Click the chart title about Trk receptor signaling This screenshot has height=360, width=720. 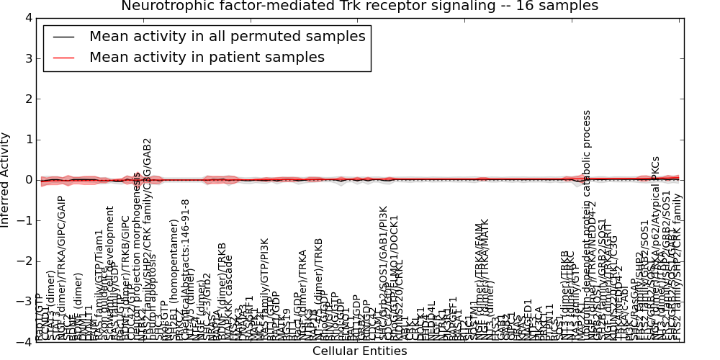(x=359, y=6)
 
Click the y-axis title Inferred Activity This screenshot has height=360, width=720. (x=6, y=180)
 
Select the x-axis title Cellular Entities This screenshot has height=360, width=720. (x=359, y=351)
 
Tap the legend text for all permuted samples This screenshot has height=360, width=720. (x=227, y=36)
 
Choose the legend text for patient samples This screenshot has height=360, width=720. (x=207, y=57)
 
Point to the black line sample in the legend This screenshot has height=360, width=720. (x=63, y=37)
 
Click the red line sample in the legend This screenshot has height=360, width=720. (x=63, y=58)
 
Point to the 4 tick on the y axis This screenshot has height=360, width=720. (x=28, y=18)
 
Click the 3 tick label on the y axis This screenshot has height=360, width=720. (x=28, y=58)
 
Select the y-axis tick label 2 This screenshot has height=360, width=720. (x=28, y=99)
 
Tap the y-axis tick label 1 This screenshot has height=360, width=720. (x=28, y=140)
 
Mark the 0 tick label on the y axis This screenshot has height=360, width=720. (x=28, y=180)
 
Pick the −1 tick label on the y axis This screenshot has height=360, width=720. (x=25, y=220)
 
